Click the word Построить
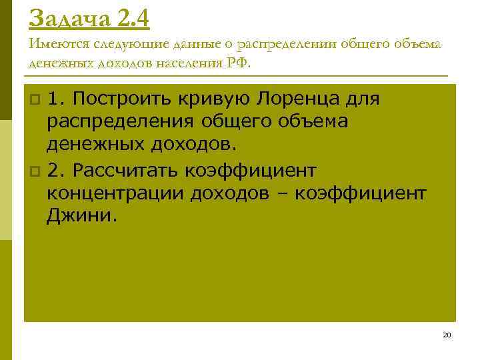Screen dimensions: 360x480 pyautogui.click(x=123, y=99)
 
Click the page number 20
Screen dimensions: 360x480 pyautogui.click(x=446, y=335)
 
